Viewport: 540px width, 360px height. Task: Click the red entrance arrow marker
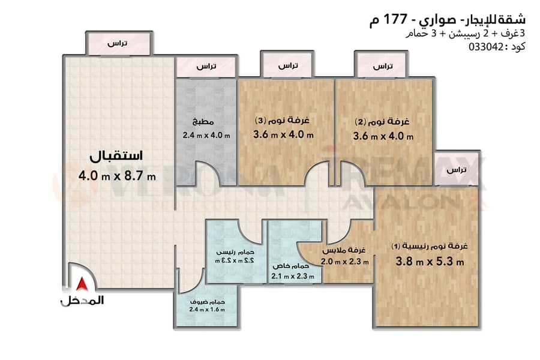82,284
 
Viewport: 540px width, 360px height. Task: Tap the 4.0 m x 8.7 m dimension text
117,176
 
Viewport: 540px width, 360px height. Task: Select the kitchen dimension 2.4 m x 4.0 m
206,136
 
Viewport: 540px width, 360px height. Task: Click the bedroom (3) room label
282,120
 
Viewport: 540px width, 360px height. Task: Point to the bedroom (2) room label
382,122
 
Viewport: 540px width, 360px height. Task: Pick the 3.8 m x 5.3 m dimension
430,261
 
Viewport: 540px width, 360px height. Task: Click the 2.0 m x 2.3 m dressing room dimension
345,262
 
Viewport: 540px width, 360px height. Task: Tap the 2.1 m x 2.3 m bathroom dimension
293,276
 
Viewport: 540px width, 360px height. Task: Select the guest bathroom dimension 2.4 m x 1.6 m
207,310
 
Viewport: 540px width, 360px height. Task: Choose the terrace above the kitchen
206,67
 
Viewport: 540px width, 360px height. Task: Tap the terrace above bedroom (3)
287,65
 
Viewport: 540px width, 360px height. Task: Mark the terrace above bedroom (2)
382,65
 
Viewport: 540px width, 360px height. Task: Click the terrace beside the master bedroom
456,169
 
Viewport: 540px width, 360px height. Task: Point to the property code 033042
486,47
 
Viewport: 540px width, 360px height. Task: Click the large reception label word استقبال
116,156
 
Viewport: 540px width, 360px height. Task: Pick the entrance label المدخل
82,301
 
